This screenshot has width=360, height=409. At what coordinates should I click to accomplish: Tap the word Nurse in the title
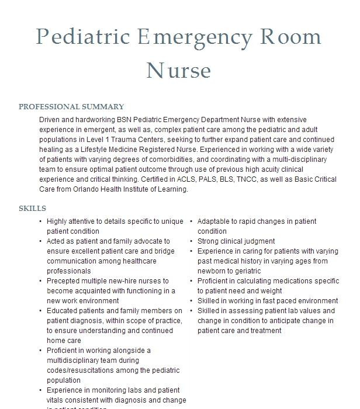(x=178, y=70)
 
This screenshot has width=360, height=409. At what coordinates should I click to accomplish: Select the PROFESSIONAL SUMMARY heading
(x=71, y=107)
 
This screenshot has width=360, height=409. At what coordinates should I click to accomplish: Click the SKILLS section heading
(x=32, y=208)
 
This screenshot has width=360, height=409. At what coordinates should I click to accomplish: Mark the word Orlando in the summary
(x=76, y=189)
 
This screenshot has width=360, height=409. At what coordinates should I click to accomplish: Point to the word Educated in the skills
(x=64, y=311)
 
